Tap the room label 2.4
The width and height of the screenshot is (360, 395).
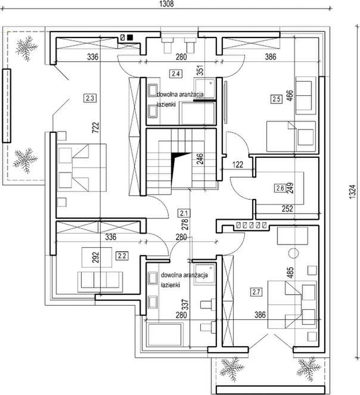tap(175, 74)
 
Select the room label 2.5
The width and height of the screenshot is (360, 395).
tap(276, 99)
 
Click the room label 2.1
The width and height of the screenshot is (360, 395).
tap(184, 213)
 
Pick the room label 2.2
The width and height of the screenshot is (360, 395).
tap(123, 256)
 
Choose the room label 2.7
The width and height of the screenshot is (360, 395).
tap(257, 292)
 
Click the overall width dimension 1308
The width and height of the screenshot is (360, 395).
tap(166, 4)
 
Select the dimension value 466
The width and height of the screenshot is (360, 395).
tap(290, 96)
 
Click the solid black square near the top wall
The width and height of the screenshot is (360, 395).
tap(130, 37)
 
